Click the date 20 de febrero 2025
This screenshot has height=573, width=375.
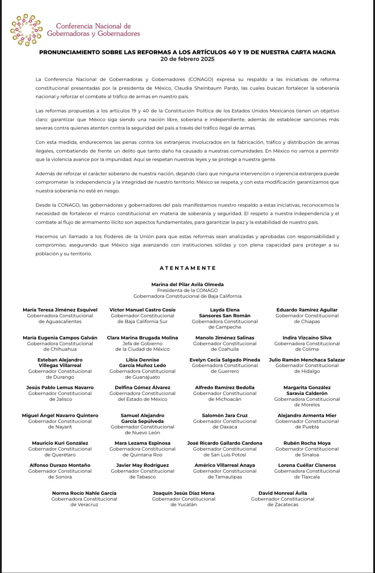tap(187, 59)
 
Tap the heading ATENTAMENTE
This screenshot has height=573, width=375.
tap(187, 268)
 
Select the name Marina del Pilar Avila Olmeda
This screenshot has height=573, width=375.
tap(187, 285)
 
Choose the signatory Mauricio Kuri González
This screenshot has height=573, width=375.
tap(60, 443)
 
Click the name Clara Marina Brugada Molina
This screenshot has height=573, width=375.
tap(142, 338)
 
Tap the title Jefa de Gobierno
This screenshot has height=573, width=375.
tap(142, 343)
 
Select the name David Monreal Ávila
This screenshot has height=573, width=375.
tap(283, 493)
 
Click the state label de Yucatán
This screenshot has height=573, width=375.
tap(184, 505)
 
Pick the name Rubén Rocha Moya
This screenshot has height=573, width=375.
tap(307, 443)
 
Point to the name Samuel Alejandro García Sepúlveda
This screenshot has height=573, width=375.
tap(142, 418)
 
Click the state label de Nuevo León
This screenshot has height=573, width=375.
tap(142, 433)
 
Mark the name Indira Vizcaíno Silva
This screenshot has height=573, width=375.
tap(307, 338)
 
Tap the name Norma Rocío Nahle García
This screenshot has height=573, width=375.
tap(84, 493)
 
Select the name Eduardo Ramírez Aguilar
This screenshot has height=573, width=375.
tap(307, 310)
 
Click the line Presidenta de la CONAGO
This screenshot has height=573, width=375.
tap(187, 290)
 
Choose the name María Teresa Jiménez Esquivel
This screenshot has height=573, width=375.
tap(60, 310)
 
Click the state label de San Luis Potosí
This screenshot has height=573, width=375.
tap(225, 455)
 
